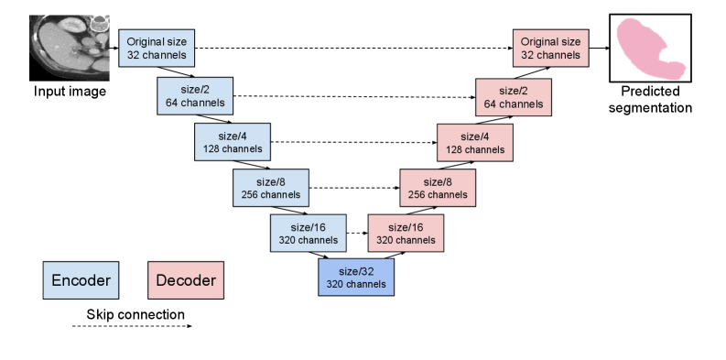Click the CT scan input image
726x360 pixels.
click(69, 47)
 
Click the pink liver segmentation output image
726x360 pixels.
click(650, 48)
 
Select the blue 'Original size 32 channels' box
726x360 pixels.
click(157, 49)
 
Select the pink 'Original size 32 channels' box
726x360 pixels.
click(551, 49)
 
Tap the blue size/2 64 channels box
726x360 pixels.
click(195, 96)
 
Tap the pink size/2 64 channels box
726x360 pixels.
click(514, 97)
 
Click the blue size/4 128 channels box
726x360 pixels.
click(233, 143)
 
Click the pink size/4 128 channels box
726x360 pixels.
click(475, 143)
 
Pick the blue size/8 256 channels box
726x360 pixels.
click(271, 188)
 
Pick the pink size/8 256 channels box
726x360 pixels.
click(439, 188)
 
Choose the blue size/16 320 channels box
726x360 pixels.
click(309, 233)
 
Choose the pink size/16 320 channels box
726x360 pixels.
click(406, 234)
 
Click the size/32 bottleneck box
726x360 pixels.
click(356, 278)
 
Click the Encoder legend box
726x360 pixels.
click(81, 280)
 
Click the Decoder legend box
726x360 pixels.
click(186, 280)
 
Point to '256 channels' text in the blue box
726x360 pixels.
click(271, 195)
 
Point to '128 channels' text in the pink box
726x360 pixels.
click(475, 150)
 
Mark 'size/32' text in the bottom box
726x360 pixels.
click(356, 271)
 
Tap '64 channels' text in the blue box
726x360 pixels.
click(195, 104)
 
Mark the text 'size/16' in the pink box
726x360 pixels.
click(406, 227)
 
